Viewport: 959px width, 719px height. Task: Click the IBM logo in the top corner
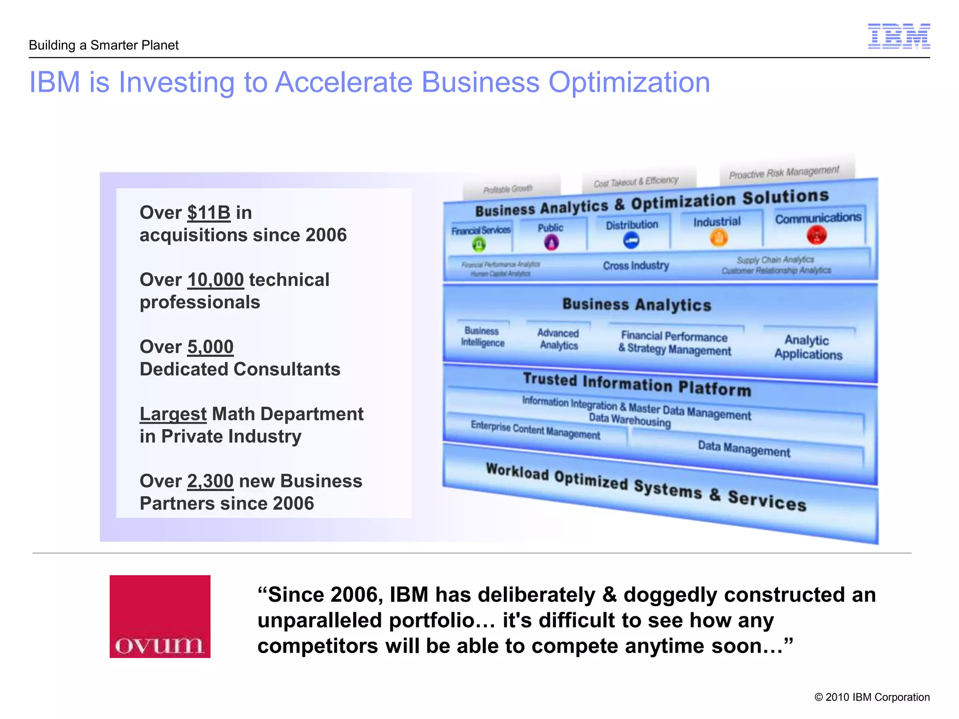(899, 36)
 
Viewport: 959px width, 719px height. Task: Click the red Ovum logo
(160, 616)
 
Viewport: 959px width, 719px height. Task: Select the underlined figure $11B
(209, 213)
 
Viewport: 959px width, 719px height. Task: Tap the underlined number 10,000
(215, 280)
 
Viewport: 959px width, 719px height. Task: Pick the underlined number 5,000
(210, 347)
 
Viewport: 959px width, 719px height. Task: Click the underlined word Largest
(173, 414)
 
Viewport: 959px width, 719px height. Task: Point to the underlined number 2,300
(210, 481)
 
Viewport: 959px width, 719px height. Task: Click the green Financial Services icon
(479, 244)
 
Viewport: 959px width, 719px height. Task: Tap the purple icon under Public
(551, 242)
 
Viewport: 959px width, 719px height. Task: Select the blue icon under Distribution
(631, 241)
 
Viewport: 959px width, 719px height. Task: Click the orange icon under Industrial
(719, 237)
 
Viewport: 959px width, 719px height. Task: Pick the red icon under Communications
(817, 235)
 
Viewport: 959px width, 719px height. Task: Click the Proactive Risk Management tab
(784, 173)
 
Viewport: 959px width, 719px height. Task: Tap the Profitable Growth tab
(508, 189)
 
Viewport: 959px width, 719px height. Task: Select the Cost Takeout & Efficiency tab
(636, 182)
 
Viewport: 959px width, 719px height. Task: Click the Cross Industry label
(635, 265)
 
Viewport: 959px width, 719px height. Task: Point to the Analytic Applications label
(808, 347)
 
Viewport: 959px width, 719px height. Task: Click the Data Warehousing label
(629, 420)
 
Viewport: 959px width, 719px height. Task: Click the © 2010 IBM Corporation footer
(872, 697)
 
